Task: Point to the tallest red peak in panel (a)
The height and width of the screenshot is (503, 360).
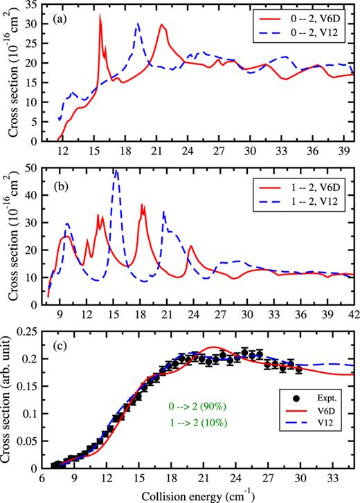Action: click(x=100, y=15)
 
